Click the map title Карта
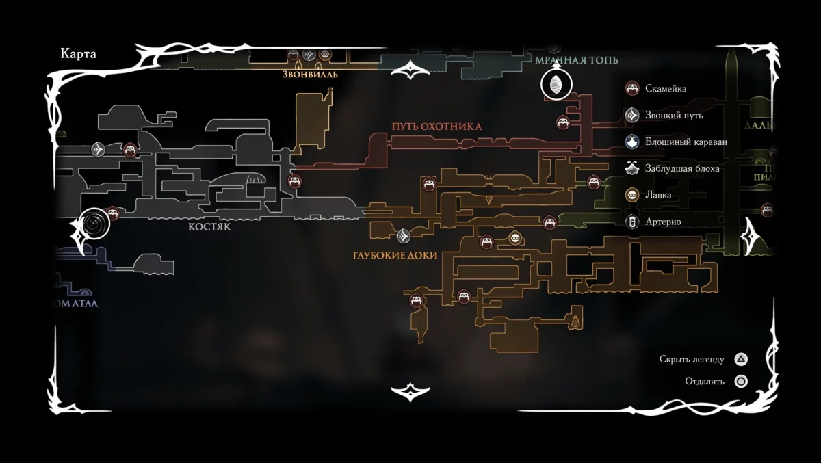click(79, 55)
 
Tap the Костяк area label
click(209, 227)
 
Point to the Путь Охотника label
click(436, 127)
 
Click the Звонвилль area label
click(311, 75)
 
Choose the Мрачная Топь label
click(577, 60)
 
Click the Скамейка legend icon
click(632, 88)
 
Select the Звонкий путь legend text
click(674, 115)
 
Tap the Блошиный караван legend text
click(686, 142)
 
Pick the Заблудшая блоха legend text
click(682, 168)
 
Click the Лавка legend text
click(658, 195)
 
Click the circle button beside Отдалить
click(740, 382)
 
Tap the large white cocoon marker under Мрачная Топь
click(556, 85)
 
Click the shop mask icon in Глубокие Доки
click(516, 238)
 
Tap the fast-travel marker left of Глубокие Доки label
click(403, 236)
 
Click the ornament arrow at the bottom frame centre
click(410, 392)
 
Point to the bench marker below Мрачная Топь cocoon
click(563, 122)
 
